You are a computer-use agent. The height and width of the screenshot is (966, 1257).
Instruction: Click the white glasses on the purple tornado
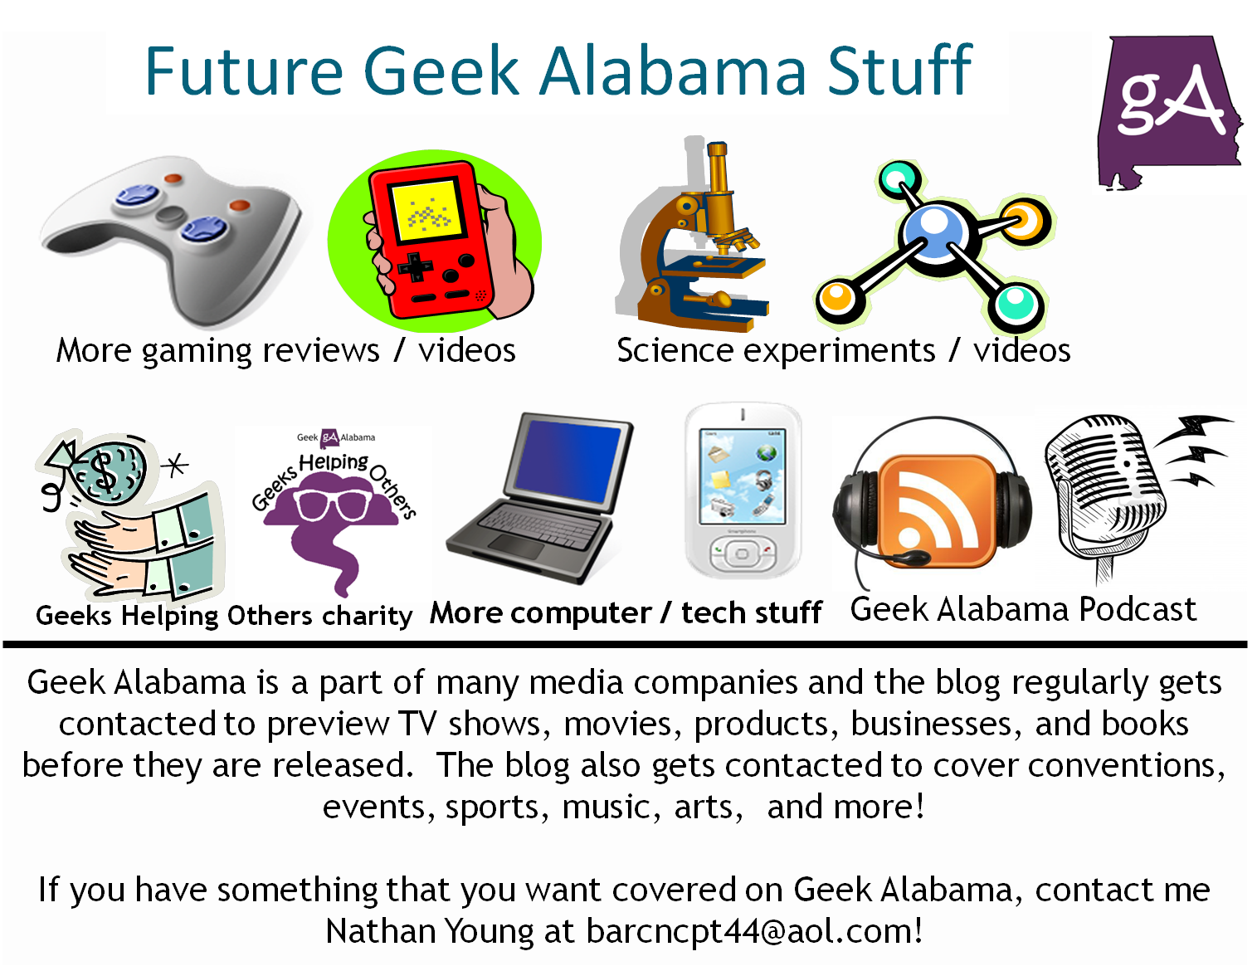(332, 504)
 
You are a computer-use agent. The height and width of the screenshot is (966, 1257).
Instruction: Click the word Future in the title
(244, 71)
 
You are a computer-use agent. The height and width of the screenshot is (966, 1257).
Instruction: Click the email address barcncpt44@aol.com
(753, 931)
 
